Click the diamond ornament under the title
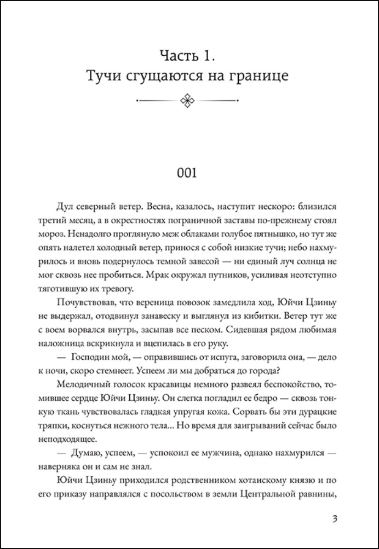tap(189, 100)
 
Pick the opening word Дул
tap(65, 209)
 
